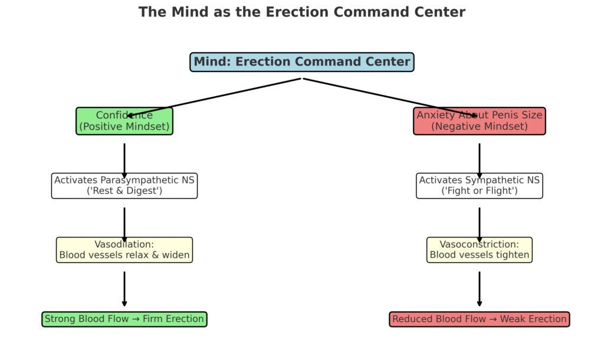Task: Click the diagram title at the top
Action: pyautogui.click(x=301, y=12)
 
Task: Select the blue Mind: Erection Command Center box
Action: pyautogui.click(x=301, y=62)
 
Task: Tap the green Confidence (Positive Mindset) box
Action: pyautogui.click(x=124, y=121)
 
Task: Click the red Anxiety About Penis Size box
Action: pyautogui.click(x=479, y=121)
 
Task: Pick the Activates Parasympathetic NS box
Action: pyautogui.click(x=124, y=186)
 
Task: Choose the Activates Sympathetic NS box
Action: pyautogui.click(x=479, y=186)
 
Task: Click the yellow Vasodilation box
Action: pyautogui.click(x=124, y=250)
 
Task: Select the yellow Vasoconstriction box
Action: pyautogui.click(x=479, y=250)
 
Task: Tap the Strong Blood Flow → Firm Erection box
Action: pyautogui.click(x=124, y=319)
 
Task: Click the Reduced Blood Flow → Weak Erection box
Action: pyautogui.click(x=479, y=319)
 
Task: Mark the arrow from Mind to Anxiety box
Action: pyautogui.click(x=389, y=97)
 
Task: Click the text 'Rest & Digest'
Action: pyautogui.click(x=124, y=191)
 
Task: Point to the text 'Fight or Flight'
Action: pyautogui.click(x=479, y=191)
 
